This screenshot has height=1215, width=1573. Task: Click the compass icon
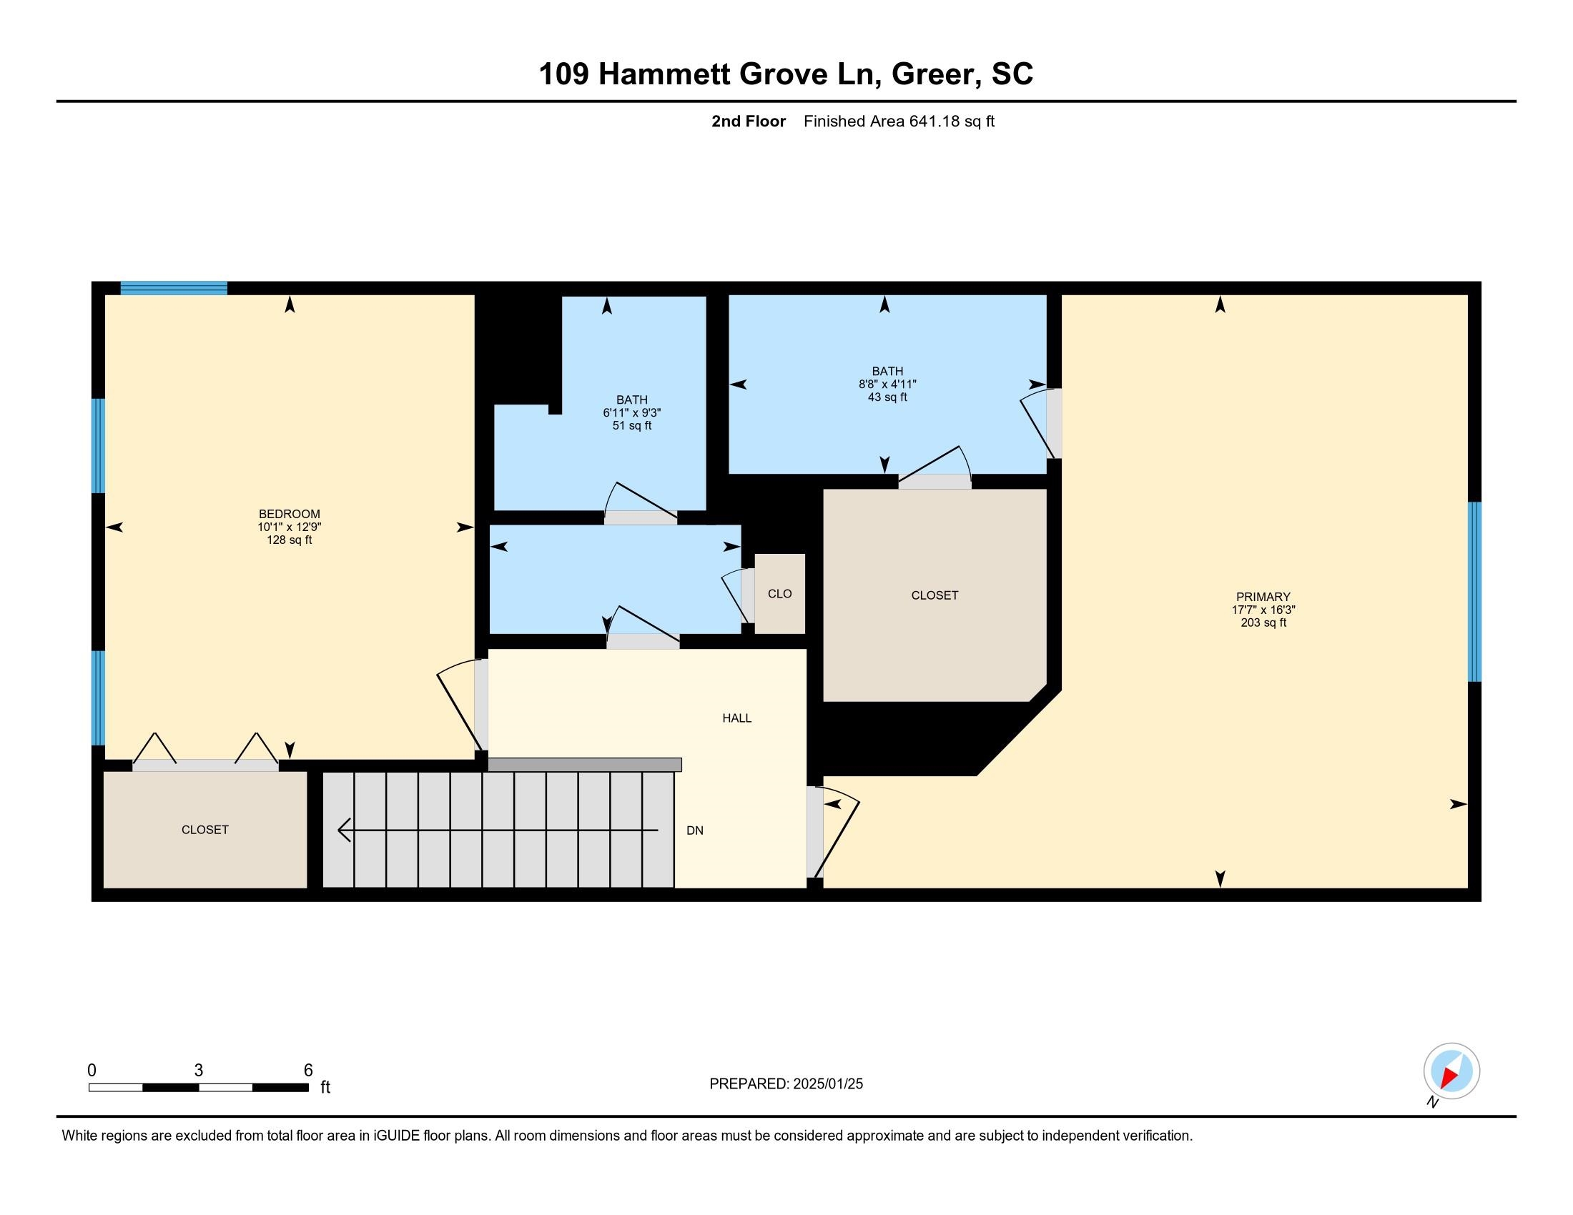[1451, 1071]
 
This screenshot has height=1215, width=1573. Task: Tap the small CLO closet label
[779, 594]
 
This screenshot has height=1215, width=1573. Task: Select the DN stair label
[694, 830]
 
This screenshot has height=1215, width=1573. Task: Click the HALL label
[736, 718]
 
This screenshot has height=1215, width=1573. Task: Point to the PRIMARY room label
[1263, 597]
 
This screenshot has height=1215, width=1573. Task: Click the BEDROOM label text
[290, 514]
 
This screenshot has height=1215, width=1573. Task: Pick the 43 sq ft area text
[887, 397]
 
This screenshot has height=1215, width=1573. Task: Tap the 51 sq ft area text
[631, 425]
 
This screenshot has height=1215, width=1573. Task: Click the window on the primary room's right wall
[1474, 592]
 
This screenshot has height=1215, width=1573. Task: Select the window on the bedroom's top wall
[174, 288]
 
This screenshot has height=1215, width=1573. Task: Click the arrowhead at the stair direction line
[345, 830]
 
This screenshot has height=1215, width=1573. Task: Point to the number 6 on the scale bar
[308, 1071]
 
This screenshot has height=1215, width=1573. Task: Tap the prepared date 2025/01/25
[827, 1084]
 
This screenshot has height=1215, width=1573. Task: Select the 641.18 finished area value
[935, 121]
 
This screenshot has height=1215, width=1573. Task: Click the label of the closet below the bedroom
[204, 830]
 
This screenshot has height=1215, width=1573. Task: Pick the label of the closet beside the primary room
[935, 595]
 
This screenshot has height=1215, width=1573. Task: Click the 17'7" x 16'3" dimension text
[1263, 610]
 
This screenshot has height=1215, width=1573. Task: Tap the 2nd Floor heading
[749, 121]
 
